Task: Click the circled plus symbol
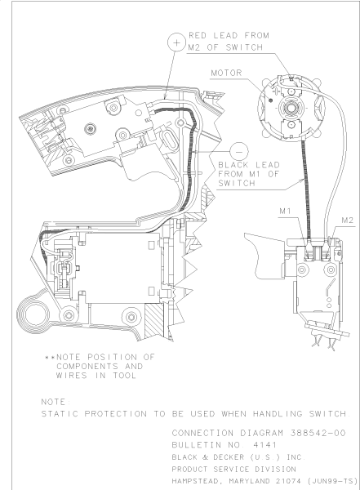[x=176, y=42]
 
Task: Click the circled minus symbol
[x=239, y=152]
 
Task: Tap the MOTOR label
[x=227, y=73]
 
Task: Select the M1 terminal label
[x=286, y=211]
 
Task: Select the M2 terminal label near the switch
[x=348, y=220]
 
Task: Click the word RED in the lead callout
[x=198, y=36]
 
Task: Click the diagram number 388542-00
[x=318, y=433]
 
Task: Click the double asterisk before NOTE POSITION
[x=50, y=357]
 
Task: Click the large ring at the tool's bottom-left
[x=33, y=314]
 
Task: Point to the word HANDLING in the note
[x=278, y=414]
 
